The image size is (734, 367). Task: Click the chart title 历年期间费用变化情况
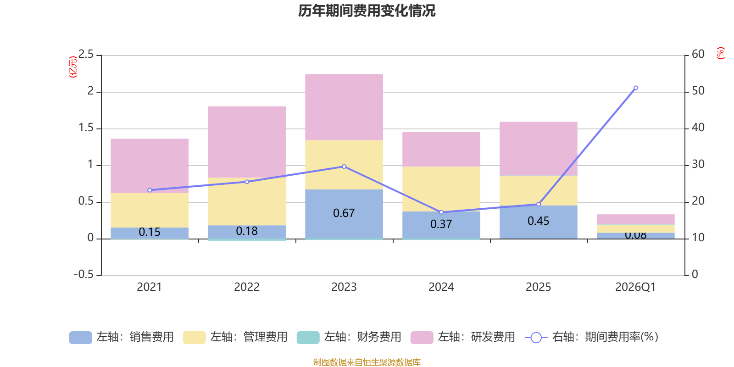click(367, 11)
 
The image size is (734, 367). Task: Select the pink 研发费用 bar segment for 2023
click(344, 107)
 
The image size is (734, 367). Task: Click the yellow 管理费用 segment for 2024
click(441, 189)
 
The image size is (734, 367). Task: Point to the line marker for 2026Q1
click(635, 88)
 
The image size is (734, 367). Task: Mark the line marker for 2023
click(344, 167)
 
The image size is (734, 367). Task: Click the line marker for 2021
click(150, 190)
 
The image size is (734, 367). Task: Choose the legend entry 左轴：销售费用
click(122, 337)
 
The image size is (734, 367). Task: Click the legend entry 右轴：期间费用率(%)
click(592, 337)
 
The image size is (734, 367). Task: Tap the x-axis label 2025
click(538, 287)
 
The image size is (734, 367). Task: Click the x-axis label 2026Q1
click(635, 287)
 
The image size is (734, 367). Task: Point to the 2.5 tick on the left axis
click(86, 55)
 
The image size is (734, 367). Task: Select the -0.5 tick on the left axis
click(84, 274)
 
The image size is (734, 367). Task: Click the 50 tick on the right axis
click(698, 91)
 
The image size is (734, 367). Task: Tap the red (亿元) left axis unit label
click(72, 67)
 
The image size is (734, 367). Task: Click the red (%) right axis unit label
click(721, 53)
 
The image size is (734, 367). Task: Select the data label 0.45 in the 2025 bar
click(538, 221)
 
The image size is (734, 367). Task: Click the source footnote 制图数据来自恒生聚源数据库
click(367, 362)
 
